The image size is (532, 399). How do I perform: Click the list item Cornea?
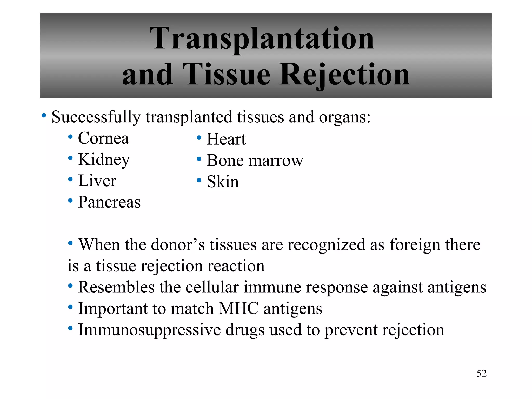(x=103, y=138)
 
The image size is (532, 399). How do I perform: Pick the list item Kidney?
(x=104, y=160)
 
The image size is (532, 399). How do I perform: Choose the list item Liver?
(x=97, y=181)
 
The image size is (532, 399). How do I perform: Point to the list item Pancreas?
(x=109, y=202)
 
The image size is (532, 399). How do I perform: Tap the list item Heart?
(x=226, y=139)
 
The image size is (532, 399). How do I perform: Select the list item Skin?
(x=223, y=182)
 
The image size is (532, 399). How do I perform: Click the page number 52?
(x=481, y=373)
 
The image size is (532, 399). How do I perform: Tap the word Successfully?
(x=96, y=117)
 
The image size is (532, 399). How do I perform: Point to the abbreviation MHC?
(x=239, y=309)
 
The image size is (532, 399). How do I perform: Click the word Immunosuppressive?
(x=149, y=330)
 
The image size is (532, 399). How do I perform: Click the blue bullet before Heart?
(x=199, y=138)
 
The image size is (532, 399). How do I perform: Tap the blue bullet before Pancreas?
(x=70, y=201)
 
